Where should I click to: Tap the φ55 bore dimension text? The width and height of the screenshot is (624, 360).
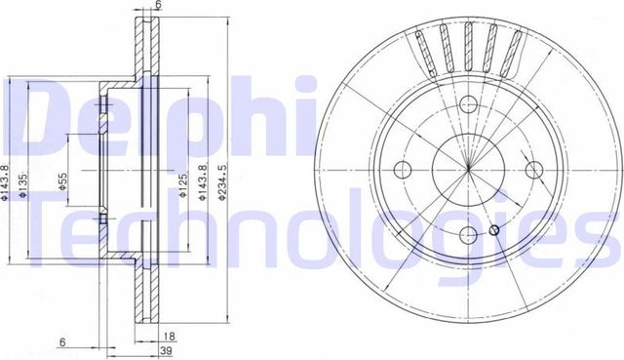(x=62, y=184)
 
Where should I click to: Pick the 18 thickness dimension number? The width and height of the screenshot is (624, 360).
(x=169, y=333)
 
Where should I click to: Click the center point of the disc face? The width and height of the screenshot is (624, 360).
(x=469, y=168)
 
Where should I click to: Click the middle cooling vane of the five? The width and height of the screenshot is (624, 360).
(x=469, y=45)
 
